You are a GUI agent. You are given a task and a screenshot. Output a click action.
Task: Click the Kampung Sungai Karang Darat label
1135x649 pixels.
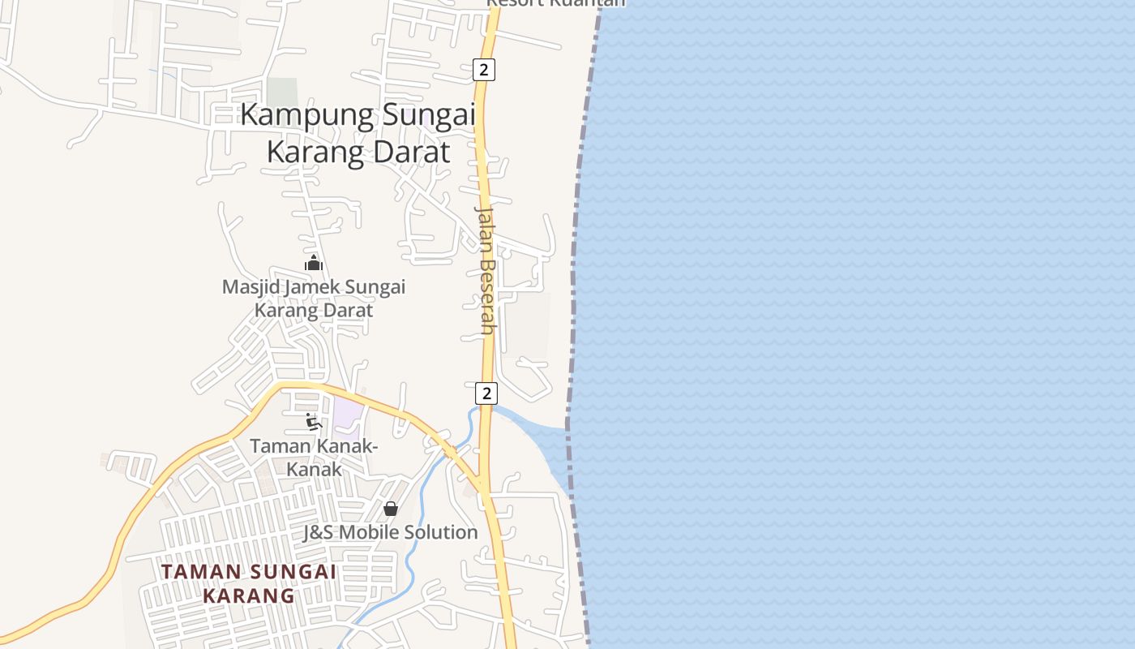(358, 133)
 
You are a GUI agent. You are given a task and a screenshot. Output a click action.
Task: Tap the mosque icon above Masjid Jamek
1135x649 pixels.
(314, 263)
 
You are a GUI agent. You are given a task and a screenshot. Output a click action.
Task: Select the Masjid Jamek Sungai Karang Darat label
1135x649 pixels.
(314, 299)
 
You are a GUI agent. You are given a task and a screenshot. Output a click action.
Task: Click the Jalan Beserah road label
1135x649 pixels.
(485, 269)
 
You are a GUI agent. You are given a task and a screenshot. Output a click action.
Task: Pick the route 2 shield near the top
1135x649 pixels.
(484, 70)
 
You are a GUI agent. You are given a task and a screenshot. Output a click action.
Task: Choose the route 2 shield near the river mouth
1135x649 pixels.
(486, 393)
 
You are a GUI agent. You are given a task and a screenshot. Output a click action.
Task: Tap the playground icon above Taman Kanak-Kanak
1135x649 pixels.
(314, 421)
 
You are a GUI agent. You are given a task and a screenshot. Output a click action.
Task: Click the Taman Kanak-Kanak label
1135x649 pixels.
(314, 458)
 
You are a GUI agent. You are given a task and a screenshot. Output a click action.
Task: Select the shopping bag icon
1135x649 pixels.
(391, 509)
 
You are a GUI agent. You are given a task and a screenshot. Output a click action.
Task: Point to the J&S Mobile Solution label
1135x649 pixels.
(391, 532)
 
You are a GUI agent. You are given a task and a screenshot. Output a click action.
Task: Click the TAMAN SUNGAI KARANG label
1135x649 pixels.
(248, 583)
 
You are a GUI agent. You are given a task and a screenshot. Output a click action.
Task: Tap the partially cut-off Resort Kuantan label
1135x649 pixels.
(556, 3)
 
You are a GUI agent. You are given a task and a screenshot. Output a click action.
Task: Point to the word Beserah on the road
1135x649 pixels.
(486, 296)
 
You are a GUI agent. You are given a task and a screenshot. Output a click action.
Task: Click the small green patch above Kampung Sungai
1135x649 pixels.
(282, 92)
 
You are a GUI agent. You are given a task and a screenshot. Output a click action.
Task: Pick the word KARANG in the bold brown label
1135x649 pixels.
(248, 595)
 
